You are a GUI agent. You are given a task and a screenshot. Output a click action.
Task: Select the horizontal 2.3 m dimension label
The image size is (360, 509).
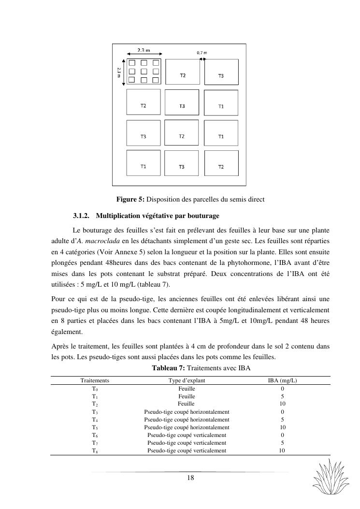[144, 49]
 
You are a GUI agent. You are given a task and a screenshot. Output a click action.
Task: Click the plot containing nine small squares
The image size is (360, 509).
[144, 72]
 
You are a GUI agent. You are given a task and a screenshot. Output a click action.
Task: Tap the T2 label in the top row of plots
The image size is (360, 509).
[183, 75]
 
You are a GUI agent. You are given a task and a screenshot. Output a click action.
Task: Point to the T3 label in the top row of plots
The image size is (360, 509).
[221, 76]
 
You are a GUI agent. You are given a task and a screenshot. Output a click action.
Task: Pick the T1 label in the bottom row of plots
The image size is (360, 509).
[144, 166]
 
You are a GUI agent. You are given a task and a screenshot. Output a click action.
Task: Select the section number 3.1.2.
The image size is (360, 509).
[82, 215]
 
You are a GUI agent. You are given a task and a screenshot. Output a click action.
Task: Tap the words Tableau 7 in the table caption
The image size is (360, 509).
[167, 368]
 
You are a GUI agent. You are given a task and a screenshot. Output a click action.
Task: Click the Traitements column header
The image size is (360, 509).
[95, 380]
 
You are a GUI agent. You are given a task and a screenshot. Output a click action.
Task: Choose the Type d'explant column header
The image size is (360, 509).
[187, 380]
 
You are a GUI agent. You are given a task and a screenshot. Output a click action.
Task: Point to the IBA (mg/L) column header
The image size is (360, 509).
[282, 380]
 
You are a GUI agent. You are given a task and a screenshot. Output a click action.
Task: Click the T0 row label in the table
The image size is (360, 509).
[95, 388]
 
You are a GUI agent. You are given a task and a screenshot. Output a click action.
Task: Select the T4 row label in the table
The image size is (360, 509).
[95, 420]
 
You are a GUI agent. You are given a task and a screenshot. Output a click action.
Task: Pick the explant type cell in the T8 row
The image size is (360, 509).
[187, 451]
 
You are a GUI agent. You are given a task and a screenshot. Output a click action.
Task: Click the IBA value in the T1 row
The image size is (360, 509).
[282, 396]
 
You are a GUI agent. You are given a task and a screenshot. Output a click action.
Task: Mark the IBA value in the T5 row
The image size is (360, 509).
[282, 427]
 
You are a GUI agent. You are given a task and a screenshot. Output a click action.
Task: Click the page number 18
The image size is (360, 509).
[190, 478]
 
